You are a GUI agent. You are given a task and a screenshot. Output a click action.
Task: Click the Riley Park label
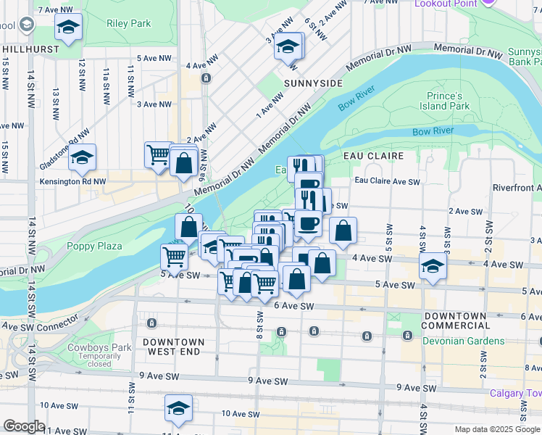128,23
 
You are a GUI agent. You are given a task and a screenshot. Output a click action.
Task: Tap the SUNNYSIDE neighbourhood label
312,83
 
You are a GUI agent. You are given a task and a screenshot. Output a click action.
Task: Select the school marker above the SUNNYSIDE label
288,46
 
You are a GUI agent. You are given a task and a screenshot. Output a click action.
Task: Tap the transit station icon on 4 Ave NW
207,78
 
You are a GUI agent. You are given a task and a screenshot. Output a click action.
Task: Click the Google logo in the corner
25,426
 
